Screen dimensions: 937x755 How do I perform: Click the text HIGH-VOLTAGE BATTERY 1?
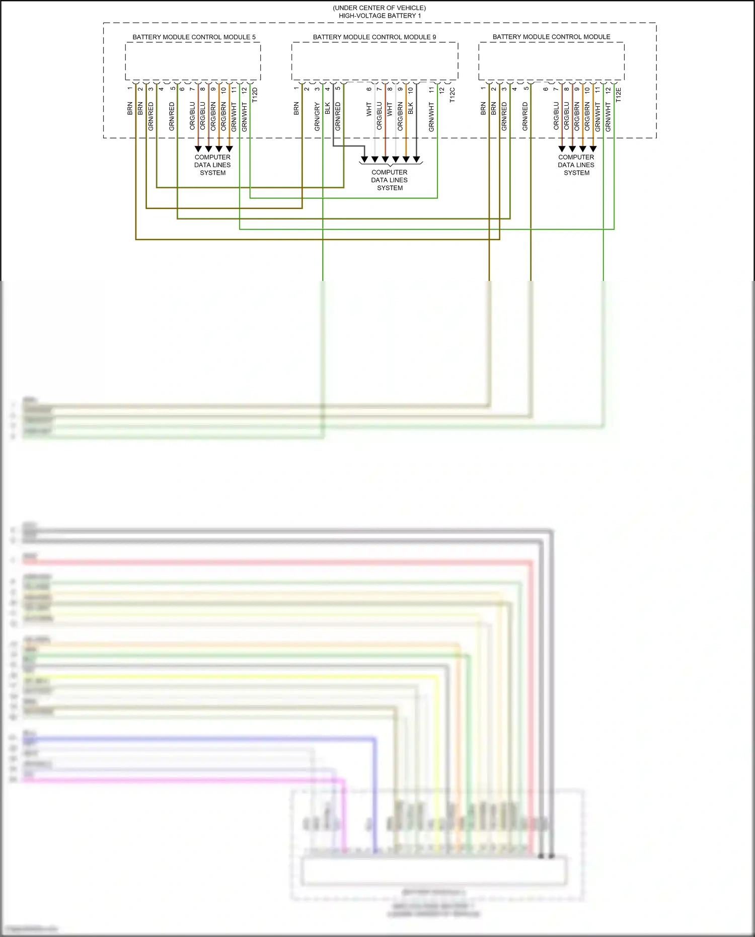point(380,16)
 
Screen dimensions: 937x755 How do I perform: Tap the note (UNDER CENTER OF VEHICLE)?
point(379,8)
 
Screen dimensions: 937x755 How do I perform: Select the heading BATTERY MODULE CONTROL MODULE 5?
point(194,37)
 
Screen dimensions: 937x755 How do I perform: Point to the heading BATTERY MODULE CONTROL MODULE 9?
point(374,37)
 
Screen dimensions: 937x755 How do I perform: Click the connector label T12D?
point(255,95)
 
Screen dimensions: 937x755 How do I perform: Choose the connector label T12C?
point(452,95)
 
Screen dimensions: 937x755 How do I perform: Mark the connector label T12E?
point(619,95)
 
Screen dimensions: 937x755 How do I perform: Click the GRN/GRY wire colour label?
point(317,117)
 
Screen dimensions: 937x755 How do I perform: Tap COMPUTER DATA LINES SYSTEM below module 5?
point(212,165)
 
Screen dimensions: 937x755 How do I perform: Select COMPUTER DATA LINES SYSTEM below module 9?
point(390,180)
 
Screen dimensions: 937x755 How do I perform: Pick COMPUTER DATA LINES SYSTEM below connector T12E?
point(576,165)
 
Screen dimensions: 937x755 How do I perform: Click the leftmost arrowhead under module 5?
point(198,149)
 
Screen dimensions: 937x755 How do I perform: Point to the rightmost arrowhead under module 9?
point(417,160)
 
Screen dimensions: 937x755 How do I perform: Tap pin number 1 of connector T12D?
point(130,89)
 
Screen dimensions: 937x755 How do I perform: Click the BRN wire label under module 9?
point(296,109)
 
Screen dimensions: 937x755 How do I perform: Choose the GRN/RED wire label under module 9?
point(338,117)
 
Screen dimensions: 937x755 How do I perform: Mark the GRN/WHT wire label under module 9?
point(431,117)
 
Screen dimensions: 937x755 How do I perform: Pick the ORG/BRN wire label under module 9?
point(400,117)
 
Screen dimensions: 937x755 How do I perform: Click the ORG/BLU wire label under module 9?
point(380,117)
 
